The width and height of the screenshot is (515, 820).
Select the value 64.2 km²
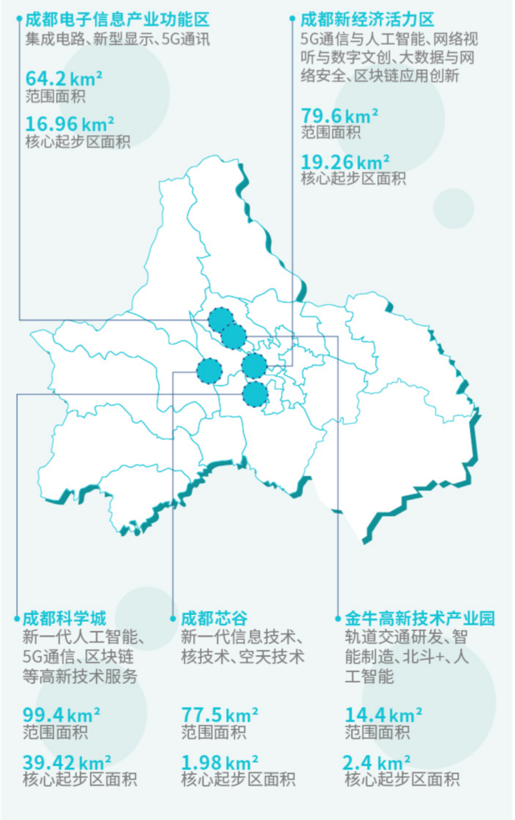tap(69, 80)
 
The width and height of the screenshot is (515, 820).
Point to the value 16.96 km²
tap(70, 124)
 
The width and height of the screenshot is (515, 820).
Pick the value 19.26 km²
tap(345, 161)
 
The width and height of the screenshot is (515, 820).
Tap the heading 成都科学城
tap(64, 618)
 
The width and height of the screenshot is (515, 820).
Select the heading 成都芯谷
tap(212, 618)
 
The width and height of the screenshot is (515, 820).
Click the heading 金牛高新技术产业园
tap(419, 618)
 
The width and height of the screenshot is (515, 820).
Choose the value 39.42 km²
tap(67, 761)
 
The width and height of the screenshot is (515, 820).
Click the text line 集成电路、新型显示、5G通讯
tap(117, 39)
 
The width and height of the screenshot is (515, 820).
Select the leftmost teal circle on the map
tap(209, 371)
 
